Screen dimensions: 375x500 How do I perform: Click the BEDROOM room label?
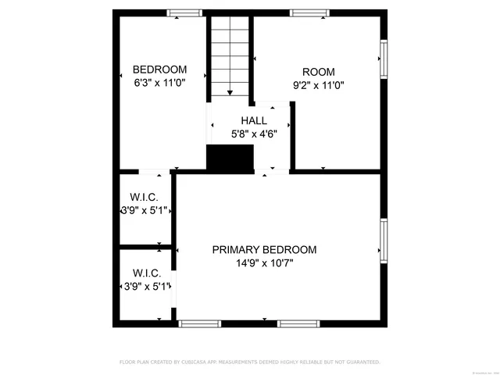[x=159, y=69]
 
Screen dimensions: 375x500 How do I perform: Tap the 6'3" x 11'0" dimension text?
[x=159, y=83]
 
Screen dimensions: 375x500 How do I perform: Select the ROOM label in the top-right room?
[x=318, y=70]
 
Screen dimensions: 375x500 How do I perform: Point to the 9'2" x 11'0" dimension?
[x=319, y=84]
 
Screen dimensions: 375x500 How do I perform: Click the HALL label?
[x=254, y=120]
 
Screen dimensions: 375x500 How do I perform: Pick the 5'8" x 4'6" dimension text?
[x=254, y=134]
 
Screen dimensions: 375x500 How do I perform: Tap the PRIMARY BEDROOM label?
[x=264, y=250]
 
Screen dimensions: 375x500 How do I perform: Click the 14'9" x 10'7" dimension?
[x=264, y=263]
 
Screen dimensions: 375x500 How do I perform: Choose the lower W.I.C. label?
[x=147, y=273]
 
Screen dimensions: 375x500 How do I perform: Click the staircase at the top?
[x=230, y=56]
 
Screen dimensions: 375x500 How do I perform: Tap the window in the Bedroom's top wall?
[x=185, y=13]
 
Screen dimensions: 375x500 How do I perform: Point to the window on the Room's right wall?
[x=383, y=59]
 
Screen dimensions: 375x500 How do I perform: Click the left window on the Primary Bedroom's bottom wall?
[x=201, y=323]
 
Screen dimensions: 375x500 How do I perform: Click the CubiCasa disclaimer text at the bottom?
[x=250, y=362]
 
